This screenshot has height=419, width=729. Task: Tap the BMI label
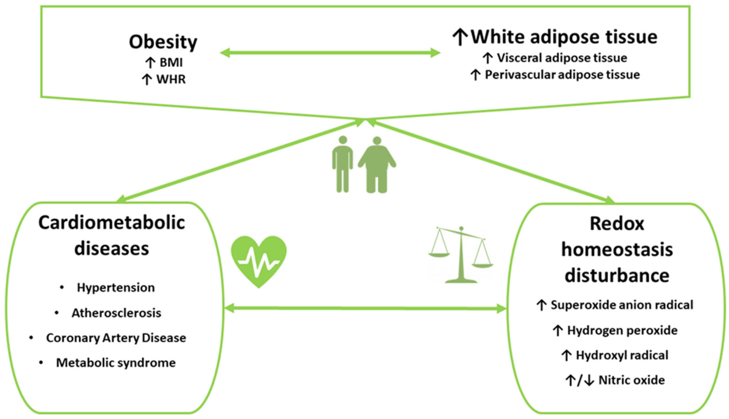[171, 62]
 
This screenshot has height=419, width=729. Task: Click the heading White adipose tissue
[564, 37]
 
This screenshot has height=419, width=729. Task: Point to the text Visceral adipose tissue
[562, 58]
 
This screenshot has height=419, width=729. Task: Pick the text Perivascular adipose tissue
[562, 75]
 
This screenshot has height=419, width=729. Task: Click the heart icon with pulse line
[259, 261]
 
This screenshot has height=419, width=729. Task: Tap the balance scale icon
[461, 255]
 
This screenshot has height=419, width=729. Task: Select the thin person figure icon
[342, 164]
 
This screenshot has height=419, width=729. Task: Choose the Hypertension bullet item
[116, 288]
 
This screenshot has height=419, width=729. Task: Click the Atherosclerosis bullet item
[116, 313]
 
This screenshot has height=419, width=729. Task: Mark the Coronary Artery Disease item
[116, 338]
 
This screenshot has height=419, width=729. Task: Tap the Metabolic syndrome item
[116, 363]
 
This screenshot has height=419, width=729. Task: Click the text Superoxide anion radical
[622, 305]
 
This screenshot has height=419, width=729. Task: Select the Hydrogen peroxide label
[622, 330]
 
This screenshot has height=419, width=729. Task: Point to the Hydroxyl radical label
[622, 355]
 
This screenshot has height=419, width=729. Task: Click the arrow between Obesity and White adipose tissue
[330, 53]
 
